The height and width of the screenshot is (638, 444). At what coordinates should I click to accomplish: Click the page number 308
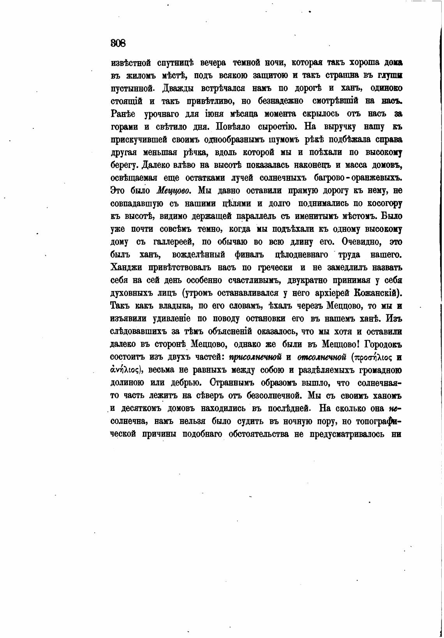click(118, 43)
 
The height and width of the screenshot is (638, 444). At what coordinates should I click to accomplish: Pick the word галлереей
click(174, 242)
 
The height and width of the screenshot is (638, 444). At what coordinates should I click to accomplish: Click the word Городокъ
click(382, 345)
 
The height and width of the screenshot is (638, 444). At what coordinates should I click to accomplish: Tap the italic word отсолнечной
click(322, 358)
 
